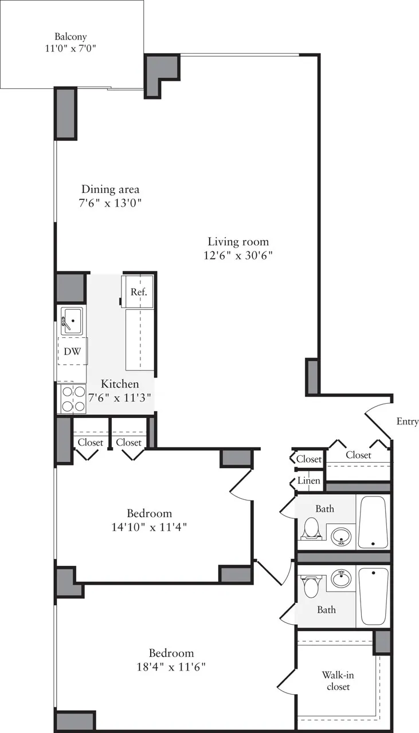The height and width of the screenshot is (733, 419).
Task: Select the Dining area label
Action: (x=110, y=190)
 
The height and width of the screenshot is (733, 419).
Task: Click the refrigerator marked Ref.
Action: (x=139, y=291)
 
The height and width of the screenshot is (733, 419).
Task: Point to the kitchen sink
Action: (x=72, y=319)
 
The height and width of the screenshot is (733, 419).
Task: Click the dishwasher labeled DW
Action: (x=72, y=352)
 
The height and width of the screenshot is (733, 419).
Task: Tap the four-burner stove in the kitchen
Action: (x=72, y=399)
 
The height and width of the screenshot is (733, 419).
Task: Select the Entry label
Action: (x=407, y=421)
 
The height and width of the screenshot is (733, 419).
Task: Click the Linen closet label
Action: (x=308, y=481)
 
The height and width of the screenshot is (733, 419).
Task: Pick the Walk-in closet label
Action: (x=338, y=681)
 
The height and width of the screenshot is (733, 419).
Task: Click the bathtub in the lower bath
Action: (x=373, y=596)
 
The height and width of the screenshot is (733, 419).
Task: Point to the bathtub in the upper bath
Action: (x=373, y=522)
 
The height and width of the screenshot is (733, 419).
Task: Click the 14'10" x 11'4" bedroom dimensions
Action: (x=149, y=526)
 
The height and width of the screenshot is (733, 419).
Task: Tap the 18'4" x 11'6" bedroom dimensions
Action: (x=171, y=667)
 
